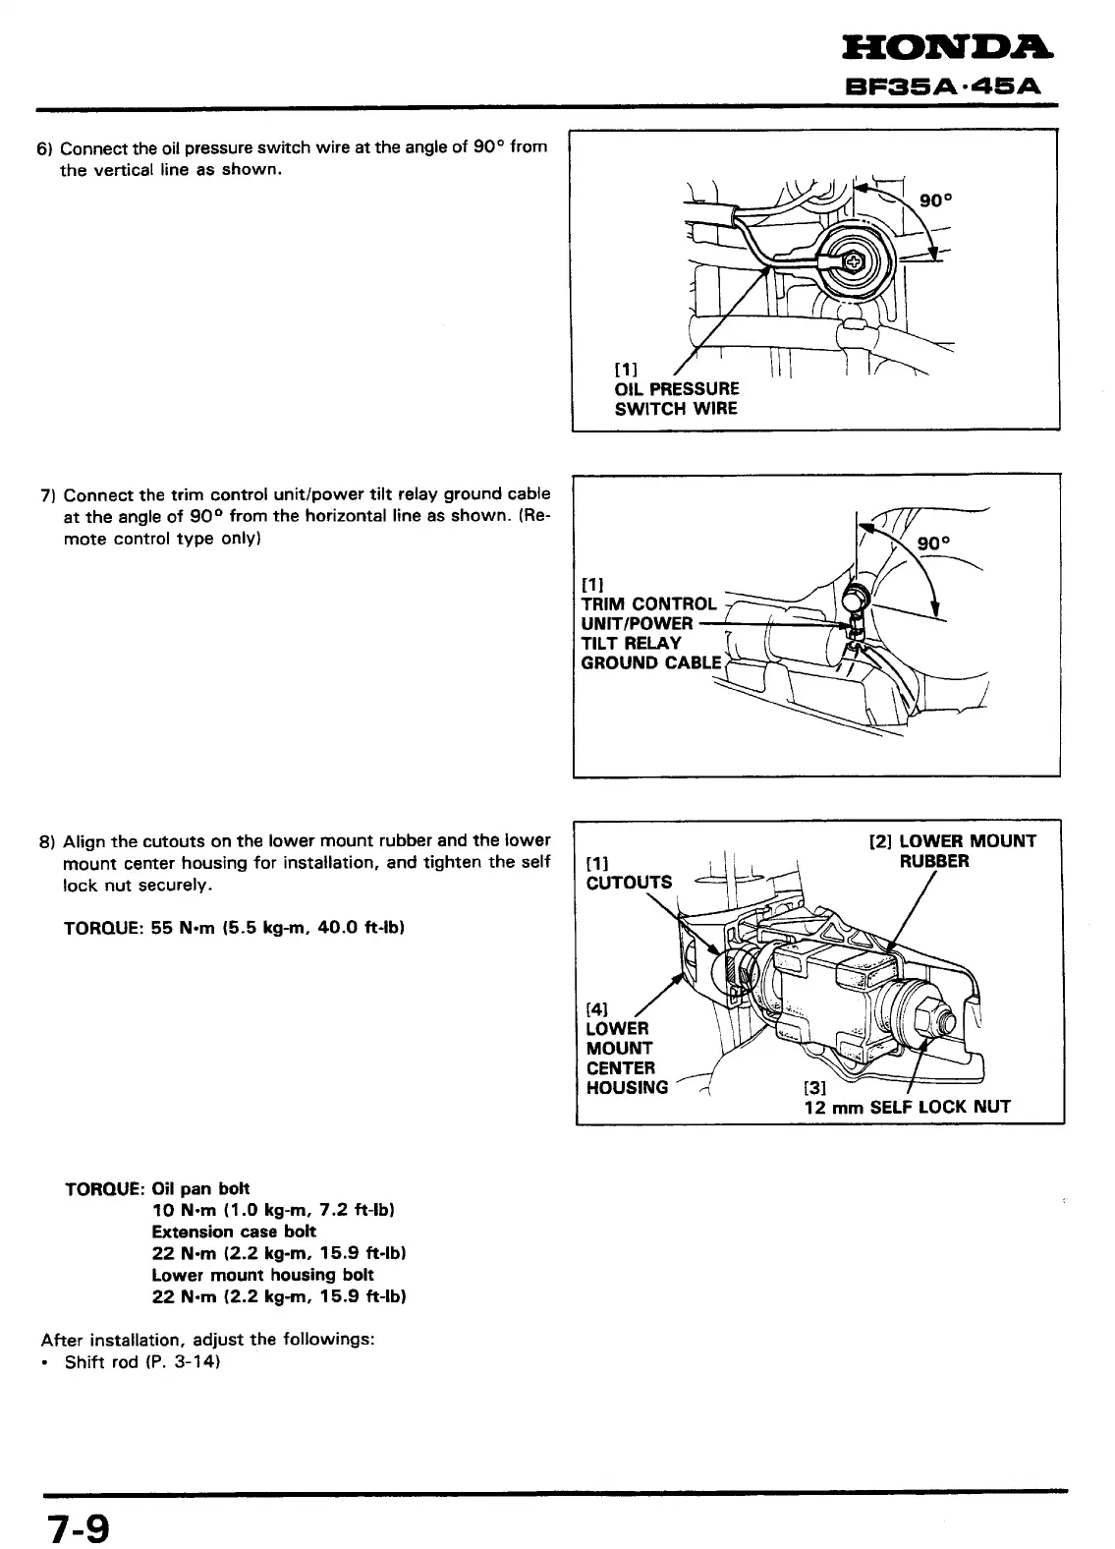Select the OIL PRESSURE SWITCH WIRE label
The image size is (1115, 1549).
pyautogui.click(x=676, y=398)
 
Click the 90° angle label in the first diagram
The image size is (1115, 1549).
pyautogui.click(x=936, y=201)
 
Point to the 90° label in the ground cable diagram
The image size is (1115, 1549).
pyautogui.click(x=934, y=544)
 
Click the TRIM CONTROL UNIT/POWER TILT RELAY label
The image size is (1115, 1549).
pyautogui.click(x=649, y=633)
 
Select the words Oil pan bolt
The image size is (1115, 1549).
pyautogui.click(x=201, y=1188)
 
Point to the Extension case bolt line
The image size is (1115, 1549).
pyautogui.click(x=234, y=1232)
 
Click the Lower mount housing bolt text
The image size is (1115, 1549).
pyautogui.click(x=262, y=1275)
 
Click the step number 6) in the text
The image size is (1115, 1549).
pyautogui.click(x=44, y=149)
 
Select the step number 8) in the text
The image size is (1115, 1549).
pyautogui.click(x=45, y=842)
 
